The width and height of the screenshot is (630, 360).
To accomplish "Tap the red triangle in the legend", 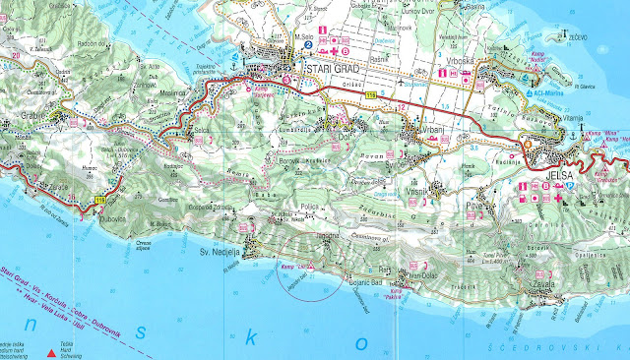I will coord(52,349).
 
